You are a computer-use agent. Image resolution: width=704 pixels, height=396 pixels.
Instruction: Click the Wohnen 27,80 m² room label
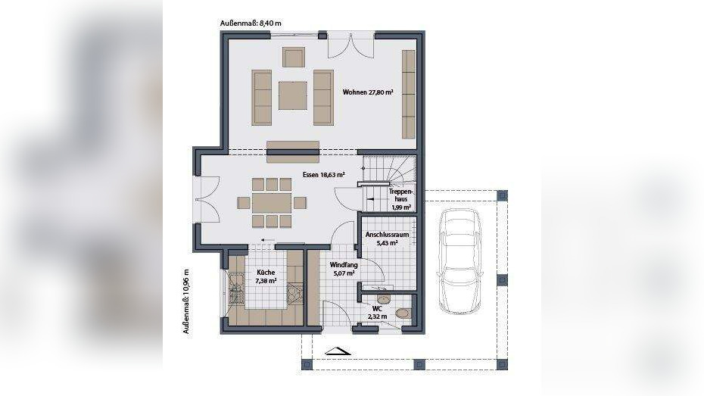(368, 92)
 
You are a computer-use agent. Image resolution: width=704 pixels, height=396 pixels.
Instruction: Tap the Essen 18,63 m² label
(323, 174)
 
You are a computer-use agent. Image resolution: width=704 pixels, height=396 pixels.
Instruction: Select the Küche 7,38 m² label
(266, 276)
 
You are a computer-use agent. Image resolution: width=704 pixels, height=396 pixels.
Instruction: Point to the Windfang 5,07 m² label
(343, 269)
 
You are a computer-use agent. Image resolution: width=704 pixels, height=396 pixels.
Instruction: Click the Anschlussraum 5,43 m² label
(387, 239)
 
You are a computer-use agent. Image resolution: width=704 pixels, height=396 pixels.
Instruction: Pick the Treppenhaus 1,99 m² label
(400, 199)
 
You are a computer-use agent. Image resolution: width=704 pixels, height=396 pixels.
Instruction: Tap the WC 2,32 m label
(377, 313)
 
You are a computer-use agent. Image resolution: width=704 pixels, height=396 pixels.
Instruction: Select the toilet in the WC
(403, 312)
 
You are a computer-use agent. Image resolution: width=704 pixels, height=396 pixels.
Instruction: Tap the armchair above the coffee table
(293, 57)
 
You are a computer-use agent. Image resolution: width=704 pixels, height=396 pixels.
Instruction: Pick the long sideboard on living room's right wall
(409, 94)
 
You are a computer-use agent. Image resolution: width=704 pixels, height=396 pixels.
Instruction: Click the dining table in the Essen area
(272, 202)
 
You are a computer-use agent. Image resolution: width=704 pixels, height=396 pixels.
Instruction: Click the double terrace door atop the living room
(350, 45)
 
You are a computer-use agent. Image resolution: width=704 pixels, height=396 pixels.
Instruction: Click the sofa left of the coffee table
(262, 97)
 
